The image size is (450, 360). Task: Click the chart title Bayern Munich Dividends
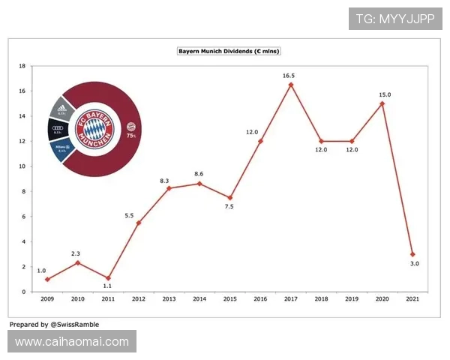(229, 51)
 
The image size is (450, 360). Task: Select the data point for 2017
(290, 85)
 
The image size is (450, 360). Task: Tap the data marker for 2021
(412, 254)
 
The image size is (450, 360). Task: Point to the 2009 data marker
(46, 279)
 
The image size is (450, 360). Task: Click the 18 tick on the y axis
(22, 66)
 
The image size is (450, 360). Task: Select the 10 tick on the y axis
(22, 166)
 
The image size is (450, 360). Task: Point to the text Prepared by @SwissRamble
(54, 325)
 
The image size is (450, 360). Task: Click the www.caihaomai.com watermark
(72, 342)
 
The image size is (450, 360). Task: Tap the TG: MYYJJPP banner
(395, 19)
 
